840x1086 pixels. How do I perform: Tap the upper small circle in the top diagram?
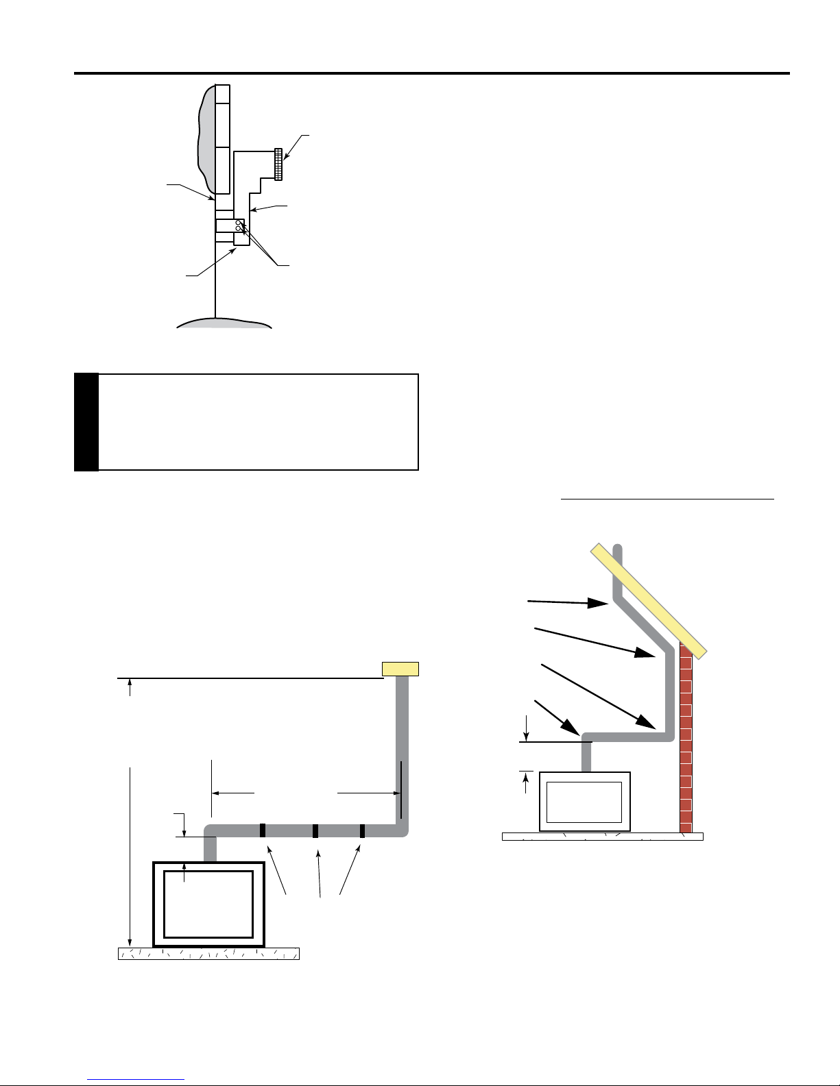[238, 223]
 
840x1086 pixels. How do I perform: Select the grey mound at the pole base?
[224, 322]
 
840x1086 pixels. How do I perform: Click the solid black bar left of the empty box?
[86, 422]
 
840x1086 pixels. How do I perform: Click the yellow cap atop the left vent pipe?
[400, 669]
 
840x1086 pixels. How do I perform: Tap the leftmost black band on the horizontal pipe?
[262, 830]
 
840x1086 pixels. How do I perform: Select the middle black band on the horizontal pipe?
[315, 830]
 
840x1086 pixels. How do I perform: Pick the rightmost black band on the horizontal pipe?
[362, 830]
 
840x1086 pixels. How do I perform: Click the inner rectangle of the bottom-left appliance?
[209, 904]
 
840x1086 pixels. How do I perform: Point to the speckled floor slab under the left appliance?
[209, 953]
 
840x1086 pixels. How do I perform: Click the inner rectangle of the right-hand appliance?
[584, 802]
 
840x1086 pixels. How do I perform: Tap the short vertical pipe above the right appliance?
[586, 757]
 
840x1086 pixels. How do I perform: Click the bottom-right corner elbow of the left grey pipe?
[403, 830]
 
